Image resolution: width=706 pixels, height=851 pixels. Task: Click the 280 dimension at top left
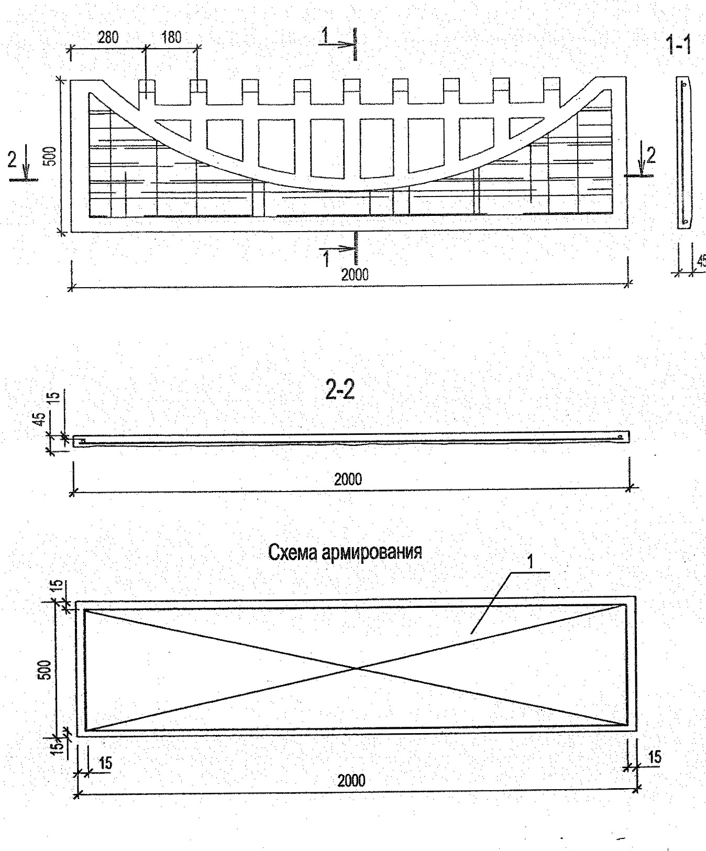[107, 38]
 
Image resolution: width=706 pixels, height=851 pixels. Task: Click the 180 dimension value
[171, 38]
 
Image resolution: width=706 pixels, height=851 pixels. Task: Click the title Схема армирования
[345, 552]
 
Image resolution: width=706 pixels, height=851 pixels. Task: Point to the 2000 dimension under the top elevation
[355, 275]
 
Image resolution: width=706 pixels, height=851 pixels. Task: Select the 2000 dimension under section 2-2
[348, 479]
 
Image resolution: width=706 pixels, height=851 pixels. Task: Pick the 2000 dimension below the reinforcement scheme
[351, 780]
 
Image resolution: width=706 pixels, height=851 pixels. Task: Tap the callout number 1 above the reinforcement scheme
[529, 562]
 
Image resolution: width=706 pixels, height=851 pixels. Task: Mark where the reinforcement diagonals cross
[356, 668]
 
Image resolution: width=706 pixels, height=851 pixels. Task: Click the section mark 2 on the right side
[650, 155]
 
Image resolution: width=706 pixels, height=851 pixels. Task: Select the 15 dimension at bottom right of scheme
[654, 757]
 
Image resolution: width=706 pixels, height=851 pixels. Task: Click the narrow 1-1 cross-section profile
[683, 152]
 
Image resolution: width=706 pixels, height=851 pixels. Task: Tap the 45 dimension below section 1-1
[701, 260]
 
